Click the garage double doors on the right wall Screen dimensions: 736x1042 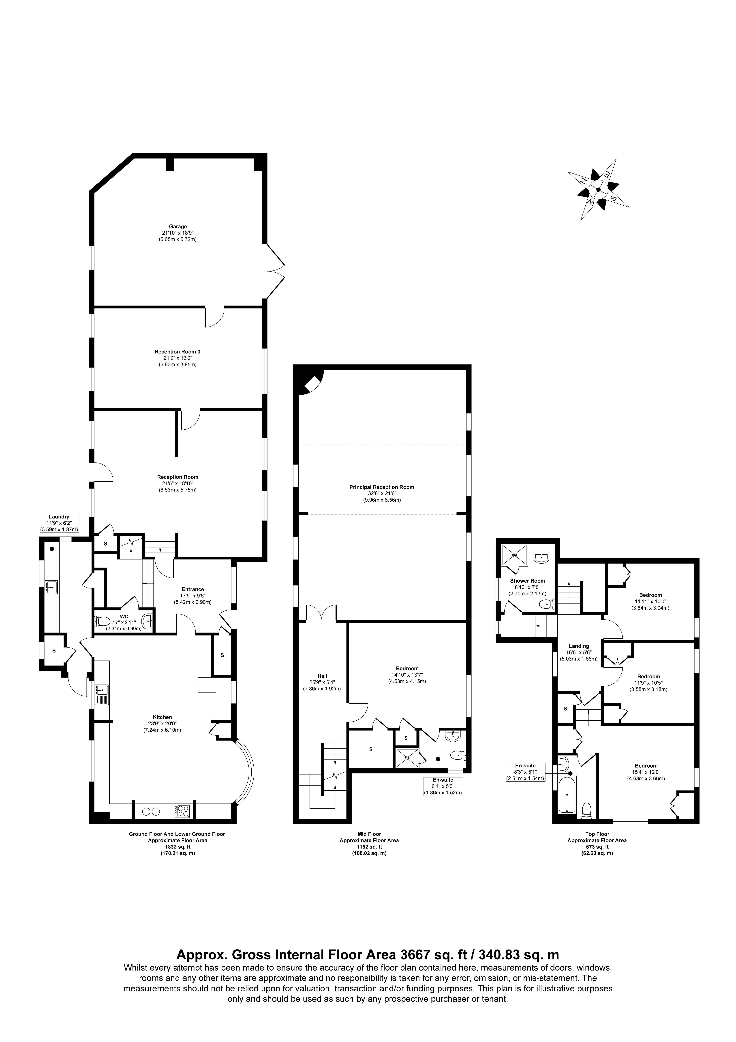coord(275,271)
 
